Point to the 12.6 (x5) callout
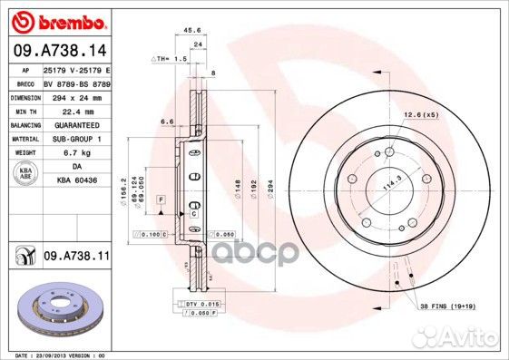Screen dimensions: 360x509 [x=421, y=114]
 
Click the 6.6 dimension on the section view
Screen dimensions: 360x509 [x=167, y=121]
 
